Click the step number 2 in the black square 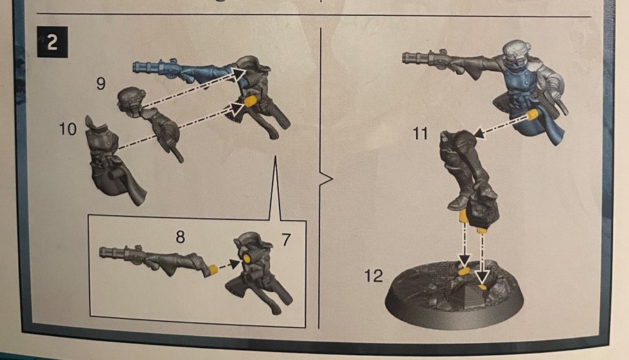coord(52,42)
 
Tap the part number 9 coord(101,83)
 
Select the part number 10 coord(67,129)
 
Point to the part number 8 coord(180,237)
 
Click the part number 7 coord(286,240)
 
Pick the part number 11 coord(420,134)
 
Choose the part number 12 coord(373,275)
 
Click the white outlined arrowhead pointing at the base coord(482,278)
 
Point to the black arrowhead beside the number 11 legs coord(479,134)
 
